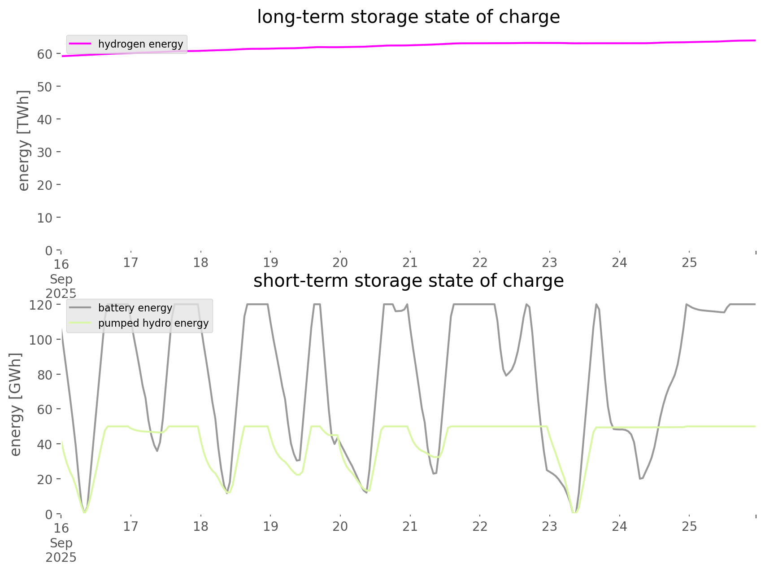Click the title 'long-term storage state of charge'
[408, 17]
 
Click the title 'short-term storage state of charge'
[408, 281]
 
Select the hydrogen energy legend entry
[140, 44]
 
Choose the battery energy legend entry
[135, 308]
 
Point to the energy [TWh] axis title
[24, 140]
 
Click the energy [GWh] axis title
[16, 404]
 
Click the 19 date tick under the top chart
[270, 262]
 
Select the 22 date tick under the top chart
[480, 262]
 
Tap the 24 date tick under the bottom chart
[619, 526]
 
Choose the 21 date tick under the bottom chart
[410, 526]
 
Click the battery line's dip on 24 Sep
[640, 479]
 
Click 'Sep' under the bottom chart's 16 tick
[61, 543]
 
